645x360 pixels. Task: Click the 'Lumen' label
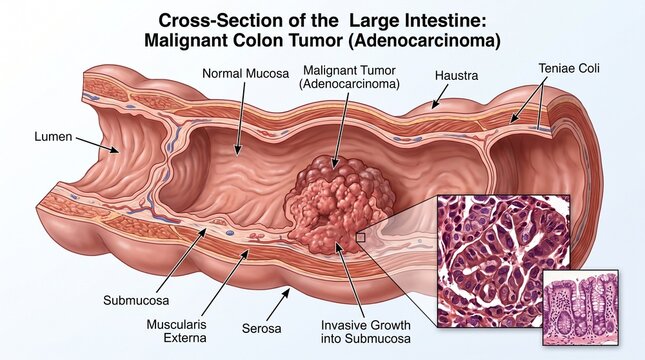(53, 137)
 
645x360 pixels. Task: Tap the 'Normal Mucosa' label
(246, 74)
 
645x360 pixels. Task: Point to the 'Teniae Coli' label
(569, 68)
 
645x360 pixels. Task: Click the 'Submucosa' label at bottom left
(136, 300)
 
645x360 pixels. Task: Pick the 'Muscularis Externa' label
(176, 331)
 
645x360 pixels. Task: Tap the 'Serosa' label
(262, 328)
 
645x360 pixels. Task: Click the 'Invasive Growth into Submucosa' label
(366, 332)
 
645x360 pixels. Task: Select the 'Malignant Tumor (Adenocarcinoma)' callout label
(349, 77)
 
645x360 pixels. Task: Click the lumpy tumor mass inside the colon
(339, 204)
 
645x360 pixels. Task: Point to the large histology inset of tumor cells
(503, 261)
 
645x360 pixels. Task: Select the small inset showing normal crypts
(581, 307)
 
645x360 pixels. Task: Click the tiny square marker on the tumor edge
(360, 237)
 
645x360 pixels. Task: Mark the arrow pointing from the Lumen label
(97, 145)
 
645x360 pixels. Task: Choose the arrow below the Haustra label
(440, 97)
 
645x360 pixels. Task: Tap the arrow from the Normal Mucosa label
(241, 119)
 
